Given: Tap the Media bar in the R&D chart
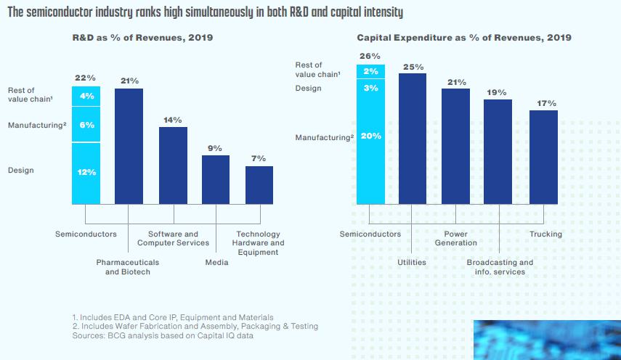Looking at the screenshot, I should (x=216, y=179).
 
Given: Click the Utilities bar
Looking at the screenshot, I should (x=413, y=139).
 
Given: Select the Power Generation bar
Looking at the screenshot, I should (x=456, y=146).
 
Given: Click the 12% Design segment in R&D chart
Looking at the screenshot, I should (x=86, y=173).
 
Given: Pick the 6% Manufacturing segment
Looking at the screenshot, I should (x=86, y=126).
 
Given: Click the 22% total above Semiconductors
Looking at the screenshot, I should (x=86, y=78).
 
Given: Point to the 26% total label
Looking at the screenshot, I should (x=370, y=56).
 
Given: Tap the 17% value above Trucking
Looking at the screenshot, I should (x=546, y=104).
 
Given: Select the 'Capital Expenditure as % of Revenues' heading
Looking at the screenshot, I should (x=464, y=37).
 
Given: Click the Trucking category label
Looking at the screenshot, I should (x=545, y=234).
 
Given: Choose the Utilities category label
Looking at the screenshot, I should (x=411, y=262).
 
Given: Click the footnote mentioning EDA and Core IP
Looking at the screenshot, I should (x=173, y=317).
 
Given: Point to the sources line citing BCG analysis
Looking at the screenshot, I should (x=164, y=336).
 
